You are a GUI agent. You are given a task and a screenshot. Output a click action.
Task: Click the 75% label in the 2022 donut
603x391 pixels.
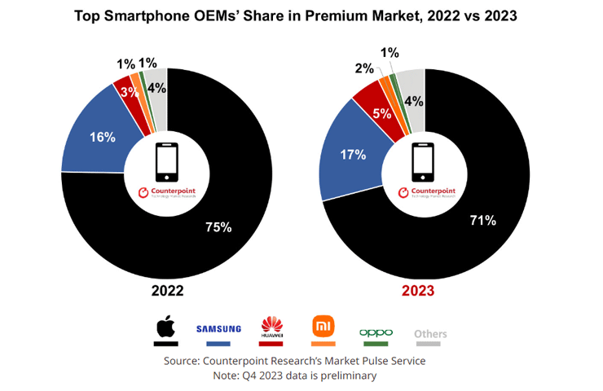coord(218,227)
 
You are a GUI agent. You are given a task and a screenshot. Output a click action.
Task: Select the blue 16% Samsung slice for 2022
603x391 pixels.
coord(99,137)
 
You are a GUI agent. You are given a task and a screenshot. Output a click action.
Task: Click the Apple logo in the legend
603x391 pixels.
coord(167,327)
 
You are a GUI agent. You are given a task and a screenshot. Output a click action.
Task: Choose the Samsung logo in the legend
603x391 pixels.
coord(218,328)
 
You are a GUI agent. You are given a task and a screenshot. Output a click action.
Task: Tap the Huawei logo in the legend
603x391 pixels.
coord(271,327)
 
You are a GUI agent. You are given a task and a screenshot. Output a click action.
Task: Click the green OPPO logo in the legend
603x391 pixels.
coord(376,332)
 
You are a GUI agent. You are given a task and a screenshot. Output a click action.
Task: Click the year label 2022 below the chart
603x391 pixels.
coord(166,291)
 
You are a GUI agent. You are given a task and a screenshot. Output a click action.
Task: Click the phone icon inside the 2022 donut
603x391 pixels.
coord(166,162)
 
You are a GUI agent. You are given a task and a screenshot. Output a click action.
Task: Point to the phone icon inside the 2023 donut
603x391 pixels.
coord(423,161)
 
